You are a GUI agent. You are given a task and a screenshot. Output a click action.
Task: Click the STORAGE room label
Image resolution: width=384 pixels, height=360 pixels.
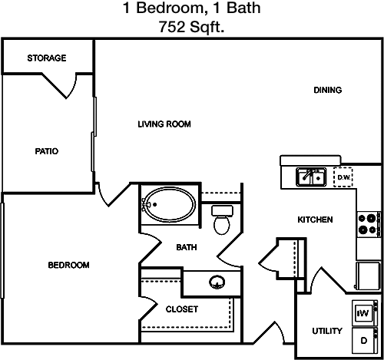pos(47,58)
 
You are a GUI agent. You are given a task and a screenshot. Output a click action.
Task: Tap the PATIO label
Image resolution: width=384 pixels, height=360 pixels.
pos(47,151)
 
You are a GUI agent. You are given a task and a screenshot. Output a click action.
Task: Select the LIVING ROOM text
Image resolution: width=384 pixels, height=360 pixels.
pos(164,124)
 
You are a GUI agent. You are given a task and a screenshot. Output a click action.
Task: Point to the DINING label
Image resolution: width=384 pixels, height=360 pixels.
pos(328,90)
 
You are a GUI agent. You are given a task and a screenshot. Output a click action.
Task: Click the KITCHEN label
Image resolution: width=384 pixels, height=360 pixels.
pos(315,220)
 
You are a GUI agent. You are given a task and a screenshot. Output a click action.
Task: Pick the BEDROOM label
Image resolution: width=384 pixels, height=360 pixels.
pos(68,265)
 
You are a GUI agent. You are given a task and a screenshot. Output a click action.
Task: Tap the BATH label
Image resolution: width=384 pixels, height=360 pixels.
pos(187,247)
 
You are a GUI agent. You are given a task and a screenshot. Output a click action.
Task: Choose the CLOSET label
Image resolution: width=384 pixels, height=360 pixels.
pos(182,309)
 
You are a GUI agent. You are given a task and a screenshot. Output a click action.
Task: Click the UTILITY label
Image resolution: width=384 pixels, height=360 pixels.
pos(327,331)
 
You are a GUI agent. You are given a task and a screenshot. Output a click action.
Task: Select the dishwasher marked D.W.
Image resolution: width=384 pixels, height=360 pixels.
pos(343,177)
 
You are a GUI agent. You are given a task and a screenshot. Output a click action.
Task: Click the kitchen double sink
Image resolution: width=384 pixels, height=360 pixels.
pos(311,177)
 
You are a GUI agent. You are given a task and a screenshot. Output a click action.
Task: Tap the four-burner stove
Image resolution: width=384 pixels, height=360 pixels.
pos(369,224)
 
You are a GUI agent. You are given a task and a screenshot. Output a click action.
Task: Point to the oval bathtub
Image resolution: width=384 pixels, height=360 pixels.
pos(169,205)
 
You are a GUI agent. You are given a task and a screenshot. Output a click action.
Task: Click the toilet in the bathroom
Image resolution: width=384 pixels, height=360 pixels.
pos(222,220)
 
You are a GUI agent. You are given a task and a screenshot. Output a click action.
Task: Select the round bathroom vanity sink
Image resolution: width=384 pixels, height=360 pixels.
pos(217,282)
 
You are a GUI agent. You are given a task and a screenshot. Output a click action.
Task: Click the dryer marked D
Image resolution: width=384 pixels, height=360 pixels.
pos(365,341)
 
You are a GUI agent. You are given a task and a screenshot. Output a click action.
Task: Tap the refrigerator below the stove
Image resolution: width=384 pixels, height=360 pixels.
pos(368,276)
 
